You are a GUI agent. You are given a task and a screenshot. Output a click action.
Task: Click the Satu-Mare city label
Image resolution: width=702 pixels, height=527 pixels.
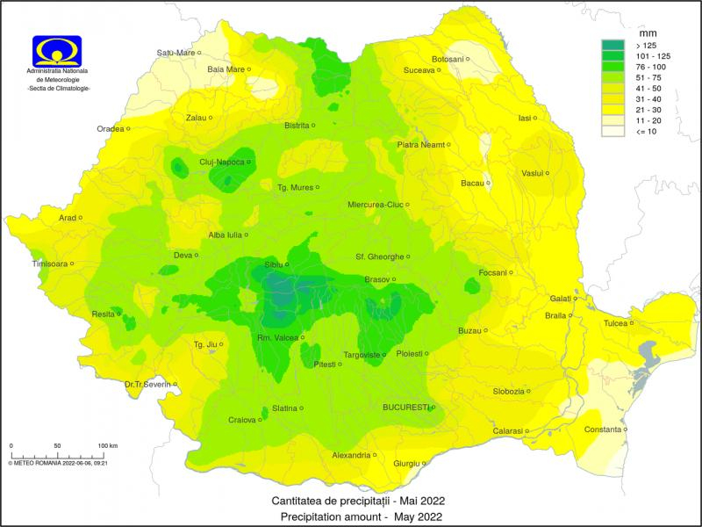tap(175, 53)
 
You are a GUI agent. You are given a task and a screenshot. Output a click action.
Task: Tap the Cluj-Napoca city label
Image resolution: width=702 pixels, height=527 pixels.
tap(221, 162)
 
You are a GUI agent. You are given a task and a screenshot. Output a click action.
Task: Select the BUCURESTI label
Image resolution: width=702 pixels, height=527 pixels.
tap(405, 407)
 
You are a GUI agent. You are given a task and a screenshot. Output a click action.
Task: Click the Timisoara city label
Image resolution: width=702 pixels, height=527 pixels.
tap(49, 263)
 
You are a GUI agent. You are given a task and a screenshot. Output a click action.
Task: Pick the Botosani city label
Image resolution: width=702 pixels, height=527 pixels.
tap(447, 59)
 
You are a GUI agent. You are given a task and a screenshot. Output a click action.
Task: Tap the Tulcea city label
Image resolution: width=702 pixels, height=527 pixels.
tap(615, 323)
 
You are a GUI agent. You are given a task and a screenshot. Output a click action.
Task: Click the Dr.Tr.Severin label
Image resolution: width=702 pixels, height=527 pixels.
tap(146, 383)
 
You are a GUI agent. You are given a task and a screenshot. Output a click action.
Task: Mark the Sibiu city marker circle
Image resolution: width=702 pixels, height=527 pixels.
tap(287, 263)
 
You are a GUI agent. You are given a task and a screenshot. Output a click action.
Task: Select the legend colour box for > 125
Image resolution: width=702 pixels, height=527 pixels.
tap(612, 45)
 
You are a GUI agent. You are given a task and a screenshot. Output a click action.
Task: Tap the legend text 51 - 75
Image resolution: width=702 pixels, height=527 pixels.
tap(647, 77)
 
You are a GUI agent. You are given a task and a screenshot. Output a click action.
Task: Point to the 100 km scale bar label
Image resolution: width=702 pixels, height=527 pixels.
tap(107, 446)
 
